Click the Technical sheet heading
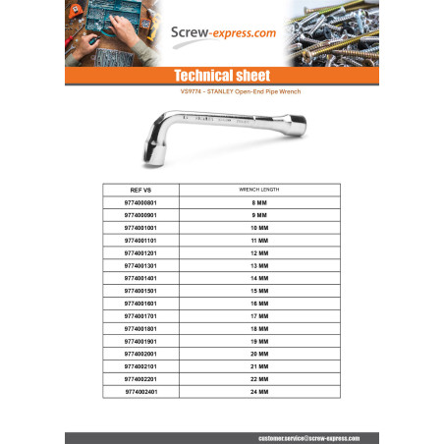click(x=221, y=75)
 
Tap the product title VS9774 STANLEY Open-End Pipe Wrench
click(x=221, y=92)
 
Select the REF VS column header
click(x=142, y=189)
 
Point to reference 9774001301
click(x=142, y=265)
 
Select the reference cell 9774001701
click(x=142, y=315)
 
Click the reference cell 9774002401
click(x=142, y=391)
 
